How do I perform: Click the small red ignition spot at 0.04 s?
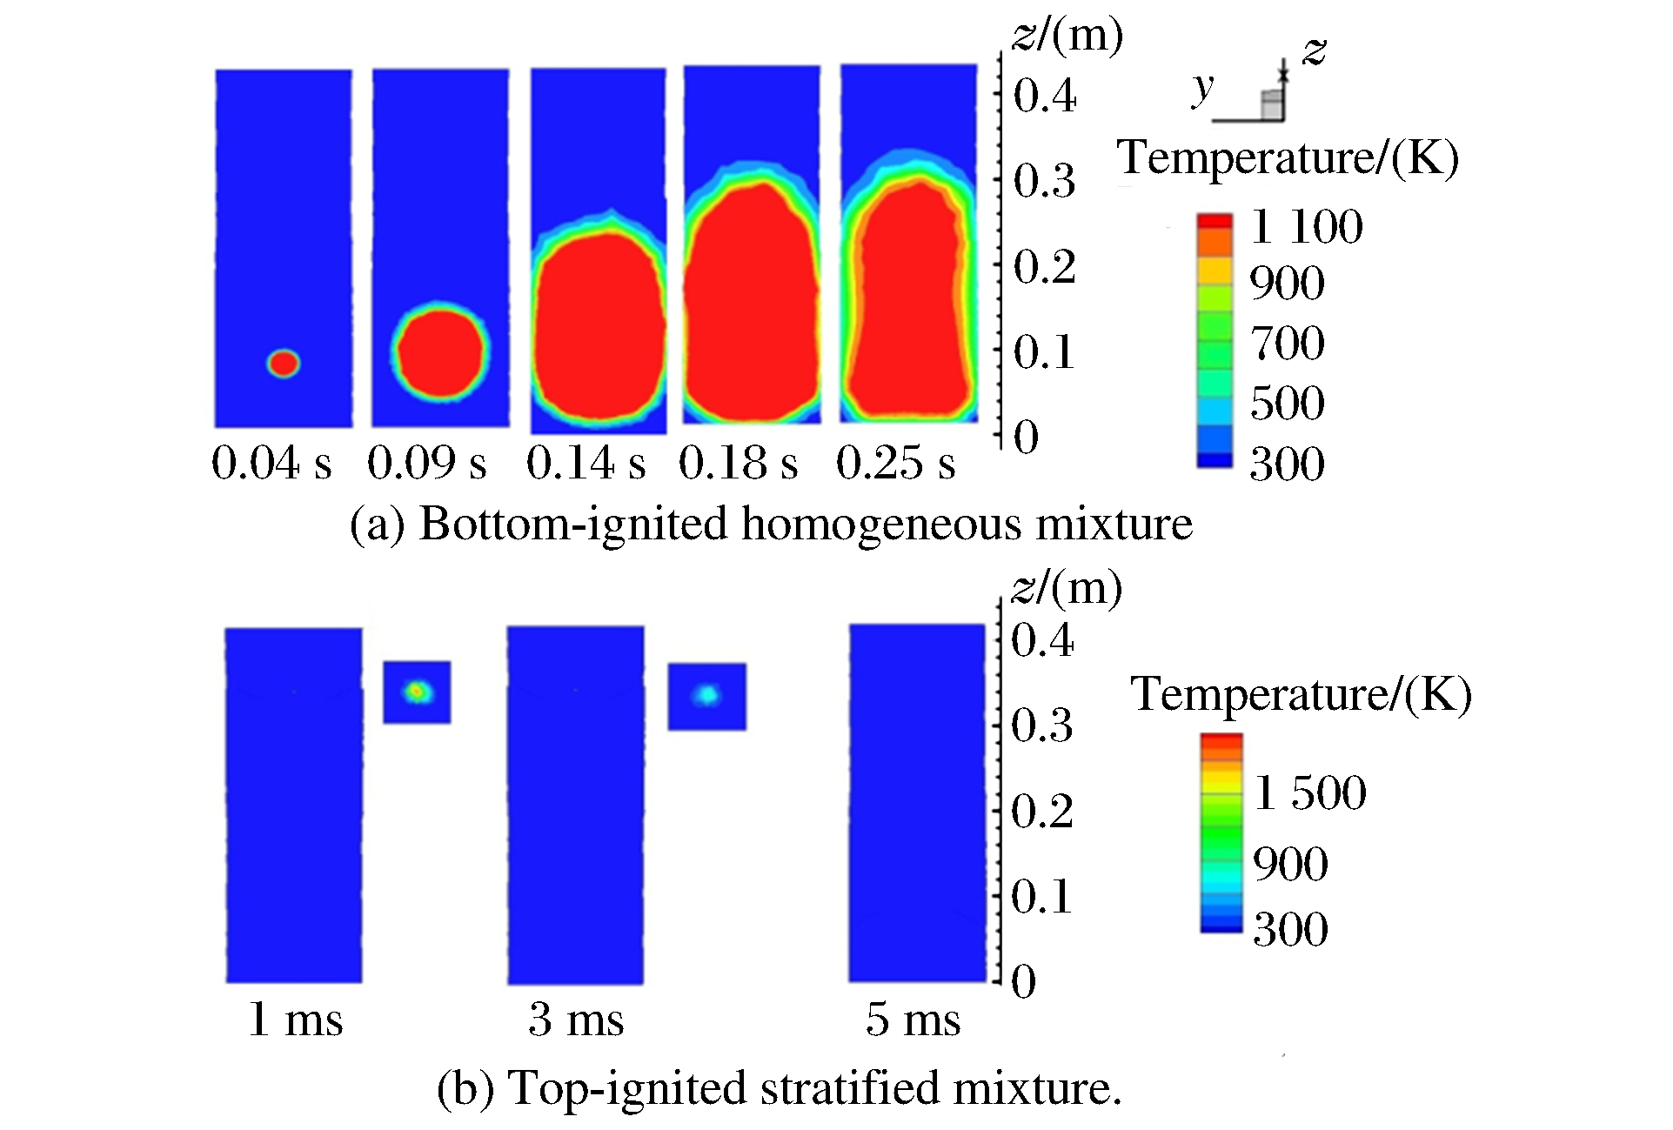click(x=284, y=363)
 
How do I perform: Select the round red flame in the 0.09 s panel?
click(x=441, y=350)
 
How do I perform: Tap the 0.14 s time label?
click(x=586, y=463)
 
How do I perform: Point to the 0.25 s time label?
click(x=895, y=463)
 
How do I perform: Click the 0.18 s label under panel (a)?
click(x=739, y=463)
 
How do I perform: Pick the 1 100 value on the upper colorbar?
click(x=1306, y=227)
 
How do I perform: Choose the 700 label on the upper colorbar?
click(x=1288, y=343)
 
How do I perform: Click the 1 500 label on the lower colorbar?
click(x=1309, y=792)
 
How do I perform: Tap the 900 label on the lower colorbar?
click(x=1290, y=864)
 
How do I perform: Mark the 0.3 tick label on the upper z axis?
click(x=1045, y=182)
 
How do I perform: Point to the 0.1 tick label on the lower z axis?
click(x=1042, y=897)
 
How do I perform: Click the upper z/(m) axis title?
click(x=1068, y=36)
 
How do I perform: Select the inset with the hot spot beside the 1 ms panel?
click(x=418, y=692)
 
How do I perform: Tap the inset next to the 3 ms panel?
click(x=707, y=697)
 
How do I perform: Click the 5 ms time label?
click(x=913, y=1020)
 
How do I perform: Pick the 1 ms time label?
click(x=296, y=1020)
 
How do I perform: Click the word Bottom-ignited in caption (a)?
click(x=573, y=525)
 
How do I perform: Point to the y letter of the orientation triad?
click(x=1203, y=87)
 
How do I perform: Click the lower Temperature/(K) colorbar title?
click(x=1301, y=695)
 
